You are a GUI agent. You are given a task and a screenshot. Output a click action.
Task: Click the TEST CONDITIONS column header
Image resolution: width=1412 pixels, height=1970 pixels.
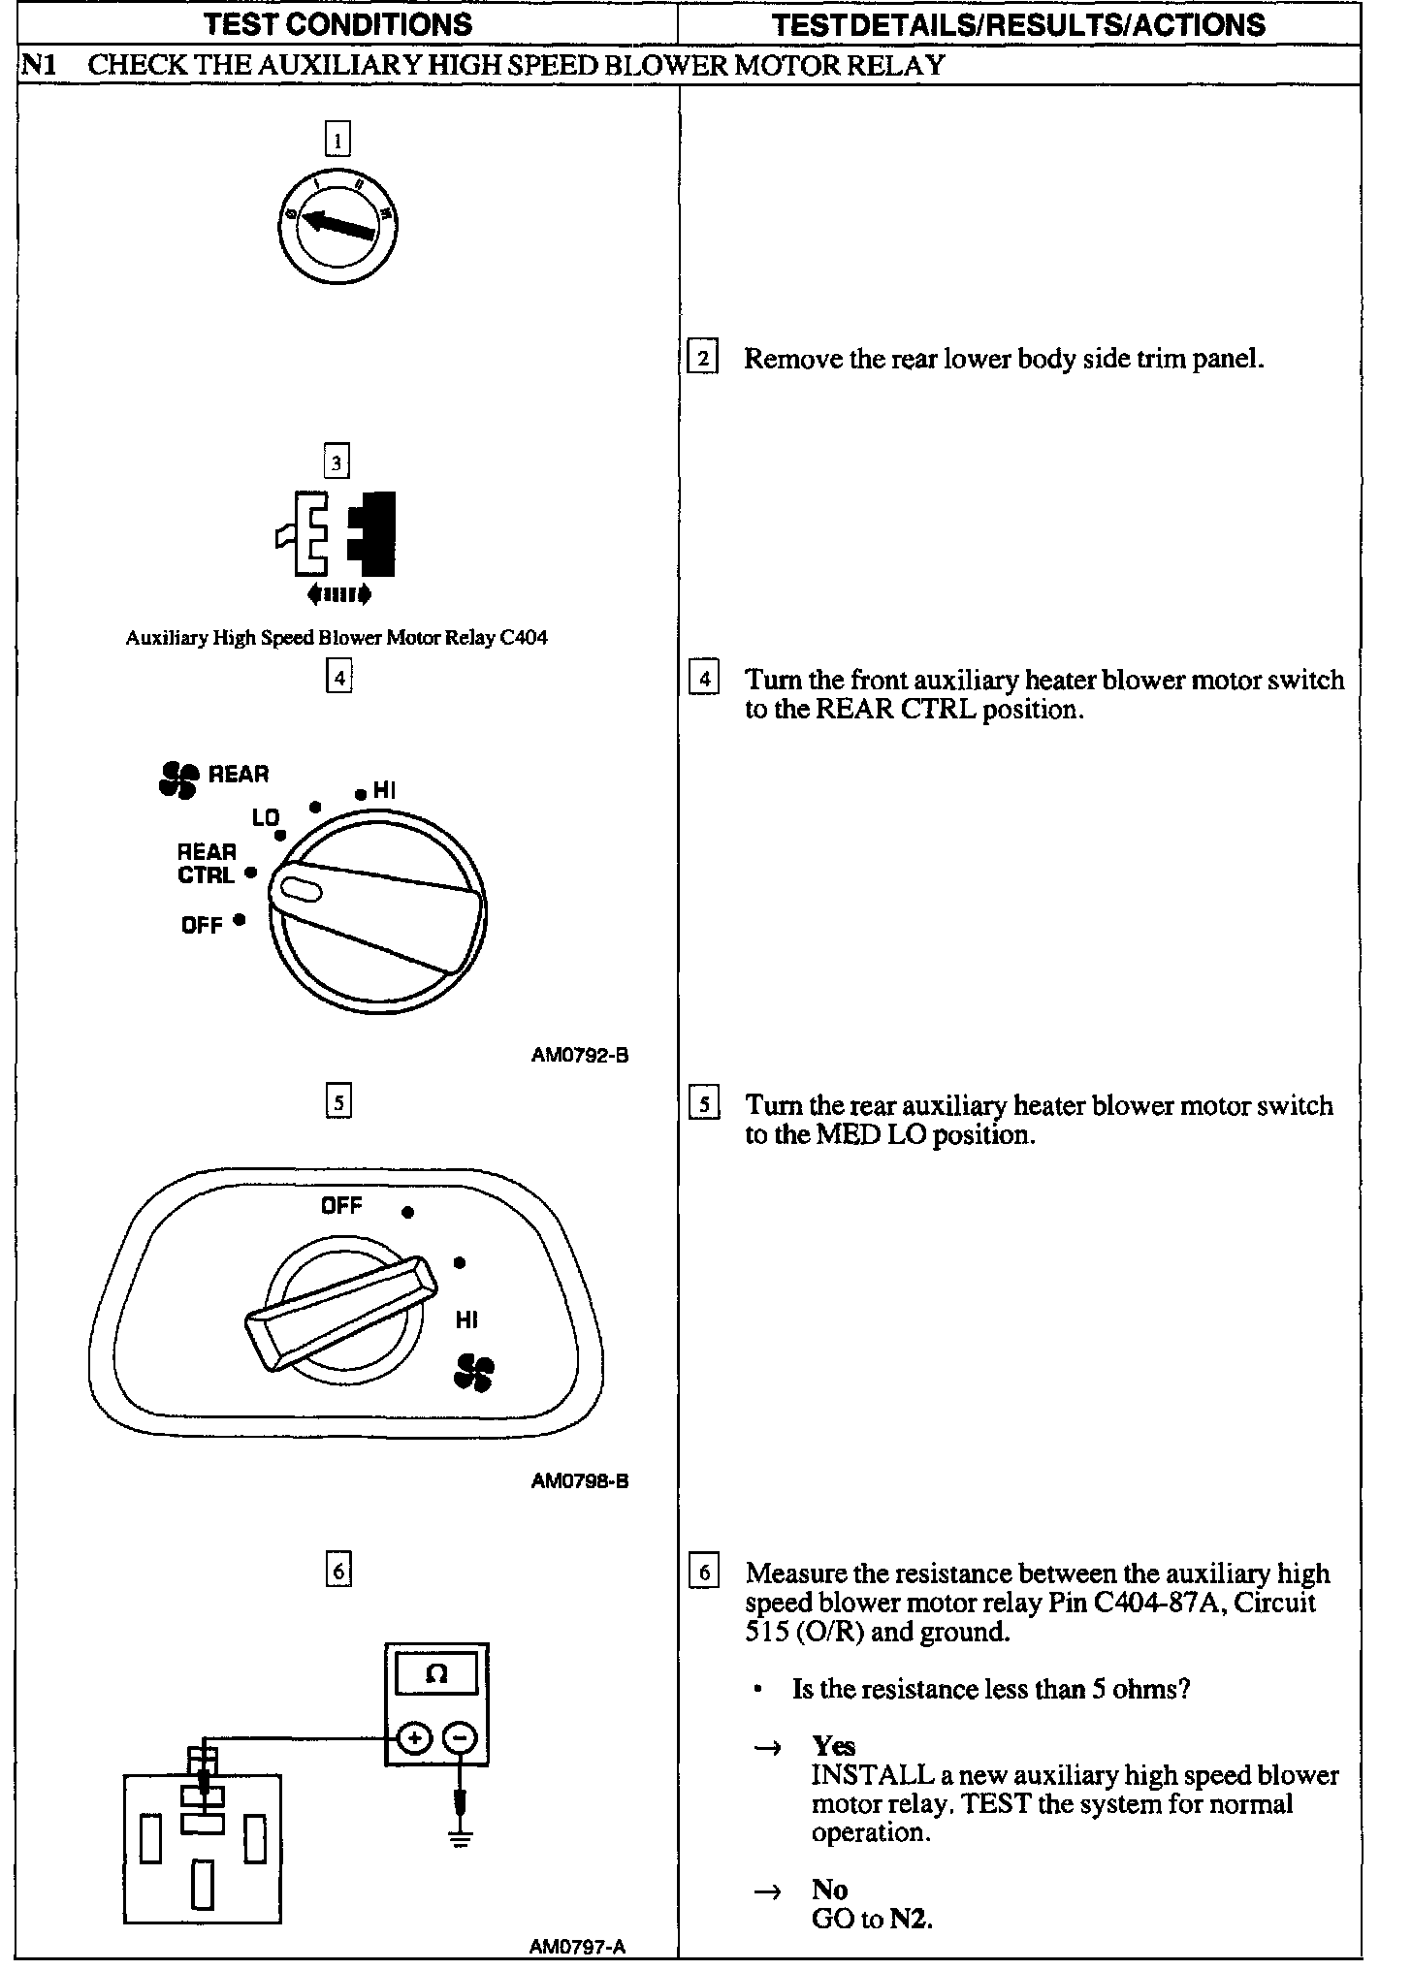(x=338, y=23)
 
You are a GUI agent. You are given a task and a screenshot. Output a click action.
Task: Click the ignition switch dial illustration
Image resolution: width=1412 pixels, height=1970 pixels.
(x=342, y=228)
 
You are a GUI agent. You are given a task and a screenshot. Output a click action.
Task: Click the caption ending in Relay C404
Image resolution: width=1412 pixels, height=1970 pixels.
(x=337, y=638)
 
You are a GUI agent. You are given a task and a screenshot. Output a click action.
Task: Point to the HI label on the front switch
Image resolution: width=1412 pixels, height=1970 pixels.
(x=384, y=791)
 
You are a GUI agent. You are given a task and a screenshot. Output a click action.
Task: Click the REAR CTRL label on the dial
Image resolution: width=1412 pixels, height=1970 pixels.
(x=207, y=863)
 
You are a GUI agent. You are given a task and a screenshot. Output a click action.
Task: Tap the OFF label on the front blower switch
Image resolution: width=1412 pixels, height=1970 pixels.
(x=202, y=924)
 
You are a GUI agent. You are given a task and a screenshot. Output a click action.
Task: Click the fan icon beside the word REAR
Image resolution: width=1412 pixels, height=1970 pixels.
(x=178, y=778)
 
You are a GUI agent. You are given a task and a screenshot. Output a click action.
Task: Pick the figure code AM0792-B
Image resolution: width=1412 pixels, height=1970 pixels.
(x=580, y=1055)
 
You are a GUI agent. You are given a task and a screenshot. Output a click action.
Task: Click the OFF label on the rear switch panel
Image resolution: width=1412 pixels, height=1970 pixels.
(x=341, y=1205)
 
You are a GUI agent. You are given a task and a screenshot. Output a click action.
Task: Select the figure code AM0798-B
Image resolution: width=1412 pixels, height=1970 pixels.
(x=580, y=1481)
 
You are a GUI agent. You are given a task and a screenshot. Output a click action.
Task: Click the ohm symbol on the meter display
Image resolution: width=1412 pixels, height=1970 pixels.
(x=436, y=1673)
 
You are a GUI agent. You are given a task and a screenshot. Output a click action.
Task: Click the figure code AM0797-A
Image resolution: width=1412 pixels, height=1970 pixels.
(x=578, y=1946)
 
